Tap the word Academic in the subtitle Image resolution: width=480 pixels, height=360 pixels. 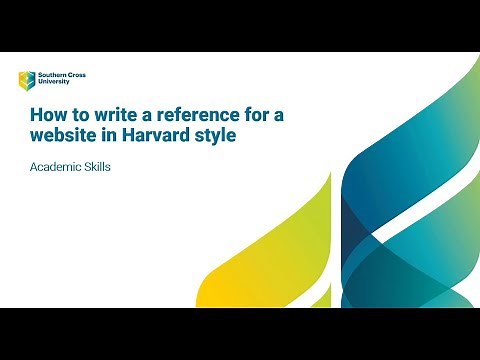pyautogui.click(x=54, y=167)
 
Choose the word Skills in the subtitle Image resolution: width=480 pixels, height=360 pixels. pyautogui.click(x=95, y=167)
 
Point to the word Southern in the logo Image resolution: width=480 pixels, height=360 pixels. pyautogui.click(x=50, y=75)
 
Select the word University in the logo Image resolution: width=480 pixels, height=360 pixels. pyautogui.click(x=53, y=83)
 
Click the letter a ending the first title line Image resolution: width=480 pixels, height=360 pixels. pyautogui.click(x=279, y=116)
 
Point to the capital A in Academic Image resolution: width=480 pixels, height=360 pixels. pyautogui.click(x=33, y=167)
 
